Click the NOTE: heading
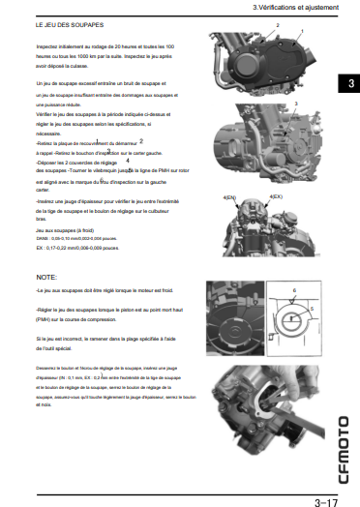pyautogui.click(x=45, y=277)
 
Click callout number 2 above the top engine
pyautogui.click(x=278, y=23)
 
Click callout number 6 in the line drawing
pyautogui.click(x=293, y=289)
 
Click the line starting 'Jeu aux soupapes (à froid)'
pyautogui.click(x=64, y=230)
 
